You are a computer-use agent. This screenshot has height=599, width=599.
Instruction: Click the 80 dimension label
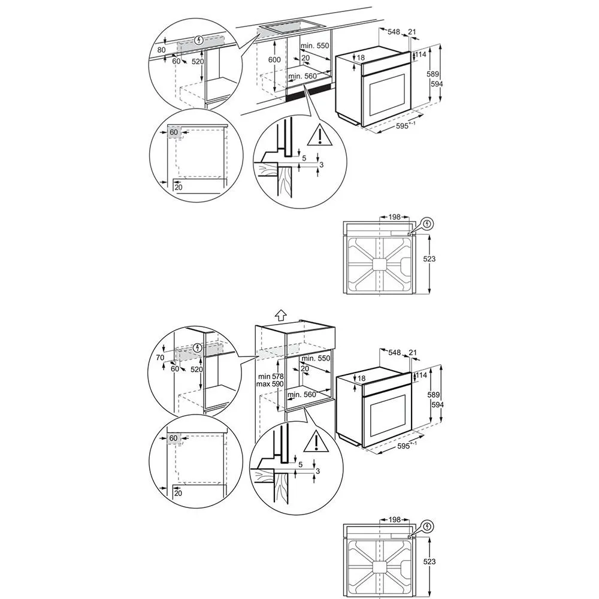162,50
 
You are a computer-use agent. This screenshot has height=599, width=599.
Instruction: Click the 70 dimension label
160,358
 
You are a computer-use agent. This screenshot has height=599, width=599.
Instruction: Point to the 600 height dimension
274,59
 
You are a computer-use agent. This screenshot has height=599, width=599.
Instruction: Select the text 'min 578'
271,377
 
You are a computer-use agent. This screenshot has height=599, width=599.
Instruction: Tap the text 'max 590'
270,384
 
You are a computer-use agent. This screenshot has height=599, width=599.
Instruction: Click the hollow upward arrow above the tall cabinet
281,315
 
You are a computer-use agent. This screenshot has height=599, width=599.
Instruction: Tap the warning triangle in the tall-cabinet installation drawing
316,441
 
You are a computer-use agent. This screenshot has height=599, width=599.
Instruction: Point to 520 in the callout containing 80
198,62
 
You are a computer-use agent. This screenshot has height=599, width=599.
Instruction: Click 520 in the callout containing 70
196,370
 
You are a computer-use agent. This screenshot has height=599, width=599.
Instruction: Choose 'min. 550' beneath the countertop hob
315,46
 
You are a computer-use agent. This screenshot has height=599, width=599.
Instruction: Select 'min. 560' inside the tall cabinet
302,394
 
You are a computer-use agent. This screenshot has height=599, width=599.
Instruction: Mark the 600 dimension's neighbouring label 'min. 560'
302,76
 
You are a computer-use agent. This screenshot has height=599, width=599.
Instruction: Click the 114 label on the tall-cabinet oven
420,376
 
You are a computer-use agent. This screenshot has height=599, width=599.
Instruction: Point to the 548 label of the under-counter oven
394,32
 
